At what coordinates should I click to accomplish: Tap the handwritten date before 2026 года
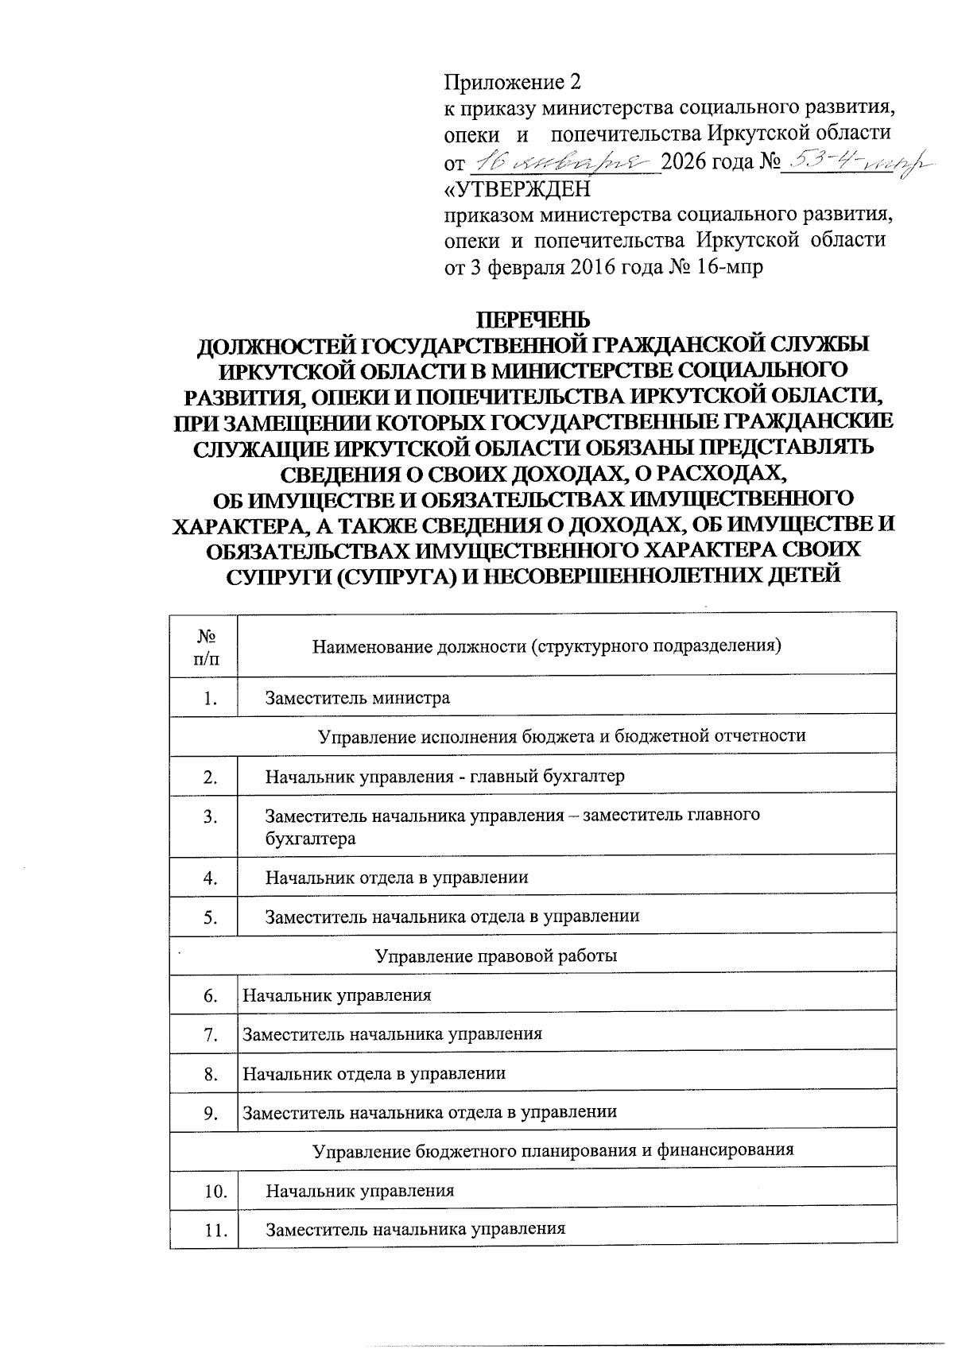click(565, 164)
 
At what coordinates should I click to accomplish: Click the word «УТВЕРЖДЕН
click(517, 190)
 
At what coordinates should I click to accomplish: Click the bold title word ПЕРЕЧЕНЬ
click(533, 320)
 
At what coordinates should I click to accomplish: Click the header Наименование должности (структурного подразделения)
click(547, 645)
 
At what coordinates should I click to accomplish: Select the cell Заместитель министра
click(358, 698)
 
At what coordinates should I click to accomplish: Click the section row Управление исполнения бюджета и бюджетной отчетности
click(561, 735)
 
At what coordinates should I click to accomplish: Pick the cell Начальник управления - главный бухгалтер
click(445, 776)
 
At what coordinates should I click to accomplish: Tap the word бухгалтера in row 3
click(310, 839)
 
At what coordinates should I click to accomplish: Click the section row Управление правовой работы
click(496, 956)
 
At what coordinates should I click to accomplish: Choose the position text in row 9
click(429, 1112)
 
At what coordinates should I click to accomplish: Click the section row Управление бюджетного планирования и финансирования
click(553, 1150)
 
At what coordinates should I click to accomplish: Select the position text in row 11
click(415, 1229)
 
